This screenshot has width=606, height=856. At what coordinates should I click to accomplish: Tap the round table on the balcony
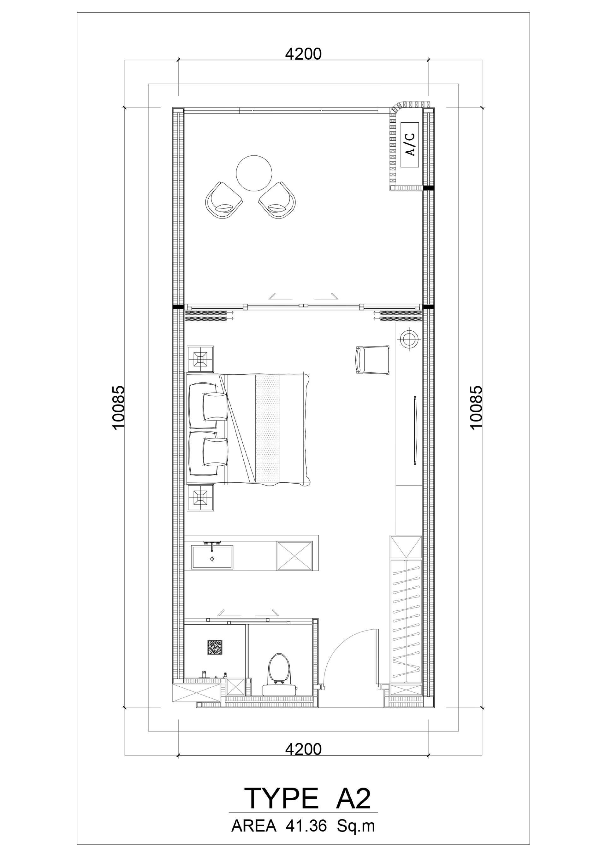pos(254,173)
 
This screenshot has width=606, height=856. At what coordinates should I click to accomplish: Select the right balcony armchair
pos(277,200)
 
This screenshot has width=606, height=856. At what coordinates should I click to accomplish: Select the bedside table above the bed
pos(200,359)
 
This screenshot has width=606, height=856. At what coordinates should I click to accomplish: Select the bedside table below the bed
pos(200,498)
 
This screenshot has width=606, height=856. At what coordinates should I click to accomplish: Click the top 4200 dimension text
pos(303,55)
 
